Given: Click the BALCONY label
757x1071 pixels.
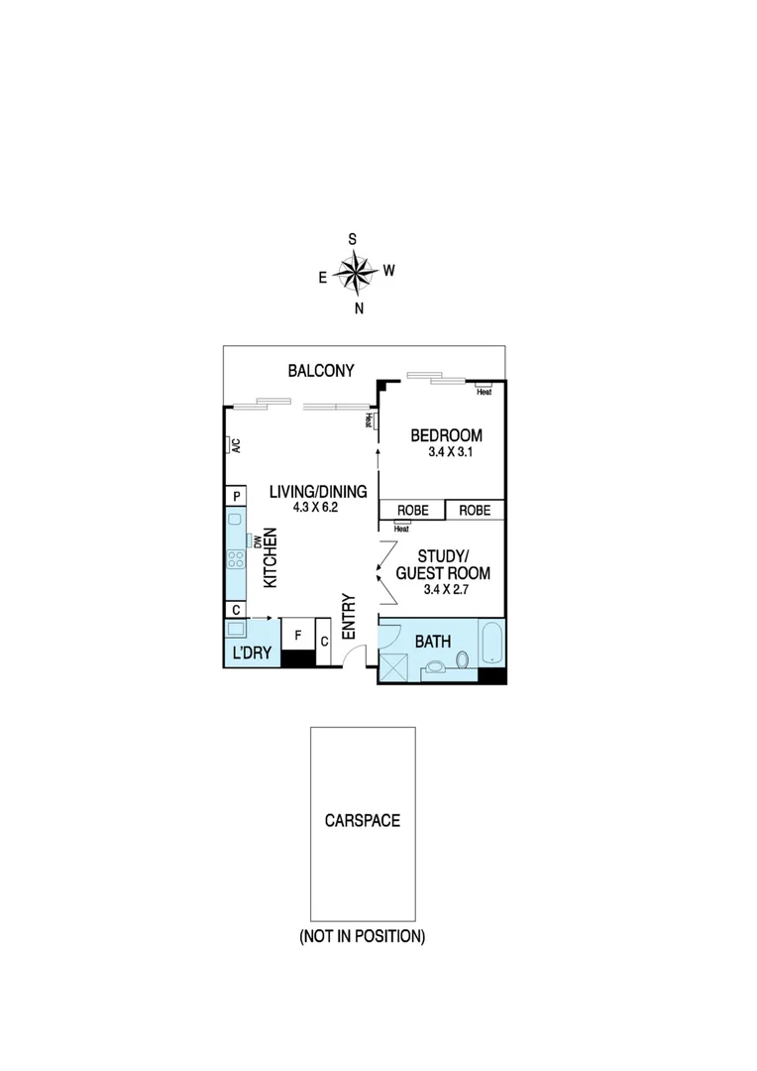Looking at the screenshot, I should pyautogui.click(x=320, y=371).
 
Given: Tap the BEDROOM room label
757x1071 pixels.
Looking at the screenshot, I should pyautogui.click(x=446, y=435).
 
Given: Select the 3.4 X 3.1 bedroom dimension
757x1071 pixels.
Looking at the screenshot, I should pyautogui.click(x=446, y=452).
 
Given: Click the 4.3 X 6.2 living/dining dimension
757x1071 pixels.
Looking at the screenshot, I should pyautogui.click(x=316, y=507).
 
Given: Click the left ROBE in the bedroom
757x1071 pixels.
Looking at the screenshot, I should pyautogui.click(x=412, y=511).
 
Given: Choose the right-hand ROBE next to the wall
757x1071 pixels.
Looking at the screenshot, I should pyautogui.click(x=475, y=511).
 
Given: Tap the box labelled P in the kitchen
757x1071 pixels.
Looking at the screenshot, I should pyautogui.click(x=236, y=496).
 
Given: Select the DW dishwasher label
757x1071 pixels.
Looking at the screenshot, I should pyautogui.click(x=256, y=541).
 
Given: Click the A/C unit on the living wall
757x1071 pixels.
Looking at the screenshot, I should pyautogui.click(x=235, y=445).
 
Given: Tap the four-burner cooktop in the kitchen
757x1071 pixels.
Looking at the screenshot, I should pyautogui.click(x=236, y=559).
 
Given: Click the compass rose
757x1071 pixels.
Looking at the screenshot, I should pyautogui.click(x=354, y=271).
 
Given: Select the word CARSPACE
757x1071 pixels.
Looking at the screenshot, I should pyautogui.click(x=362, y=820).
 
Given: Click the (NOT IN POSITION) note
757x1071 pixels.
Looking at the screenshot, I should pyautogui.click(x=362, y=936).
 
